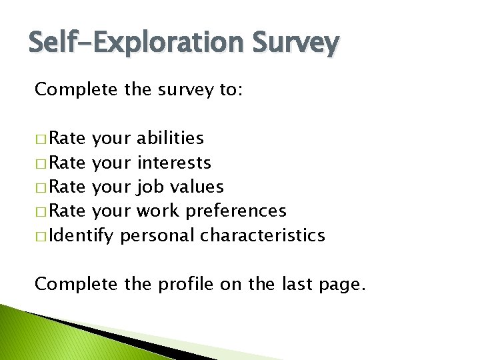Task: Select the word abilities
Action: (x=170, y=139)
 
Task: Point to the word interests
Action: (x=174, y=163)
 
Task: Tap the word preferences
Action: (x=236, y=211)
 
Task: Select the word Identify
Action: (x=83, y=236)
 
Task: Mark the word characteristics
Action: (x=263, y=235)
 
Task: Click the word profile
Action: (x=184, y=285)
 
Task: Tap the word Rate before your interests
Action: (x=67, y=163)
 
